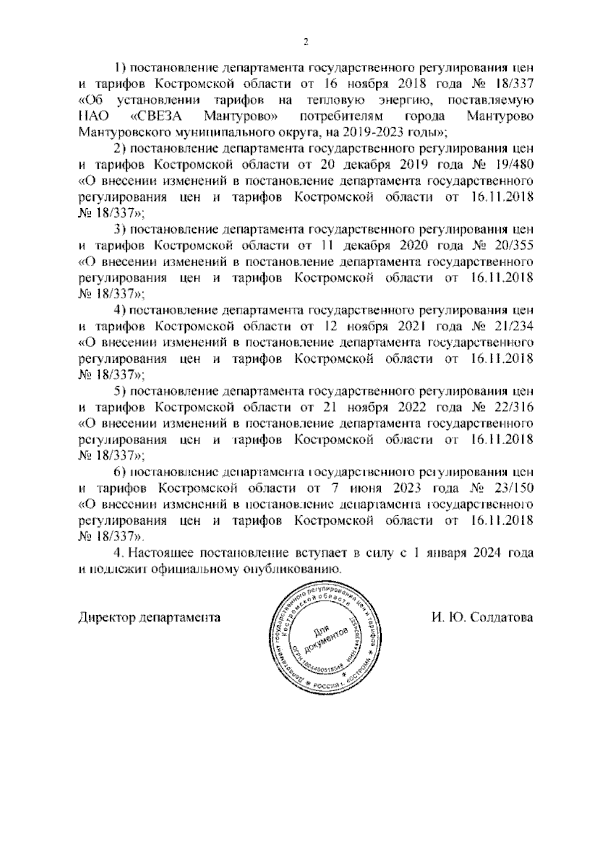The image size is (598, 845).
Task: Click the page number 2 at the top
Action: coord(306,42)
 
